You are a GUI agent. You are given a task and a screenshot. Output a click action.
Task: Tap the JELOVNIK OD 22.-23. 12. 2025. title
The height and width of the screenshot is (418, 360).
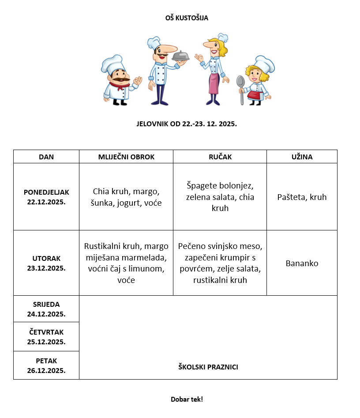coord(187,124)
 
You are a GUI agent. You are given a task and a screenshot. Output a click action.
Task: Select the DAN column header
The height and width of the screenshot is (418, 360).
coord(46,157)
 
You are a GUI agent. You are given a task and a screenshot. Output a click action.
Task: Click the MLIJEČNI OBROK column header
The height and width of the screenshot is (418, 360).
coord(126,157)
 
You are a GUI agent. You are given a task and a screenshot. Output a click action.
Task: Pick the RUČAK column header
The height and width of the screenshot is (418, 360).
coord(220,157)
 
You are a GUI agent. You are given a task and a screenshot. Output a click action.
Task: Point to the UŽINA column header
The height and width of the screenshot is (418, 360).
coord(302,157)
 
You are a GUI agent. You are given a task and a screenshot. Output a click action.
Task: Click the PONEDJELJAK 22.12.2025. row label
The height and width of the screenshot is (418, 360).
coord(46,197)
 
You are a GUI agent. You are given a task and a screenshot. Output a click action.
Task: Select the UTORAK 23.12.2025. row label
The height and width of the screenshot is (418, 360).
coord(46,263)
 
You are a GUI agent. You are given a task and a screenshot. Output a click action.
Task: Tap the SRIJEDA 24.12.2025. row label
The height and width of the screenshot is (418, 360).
coord(46,309)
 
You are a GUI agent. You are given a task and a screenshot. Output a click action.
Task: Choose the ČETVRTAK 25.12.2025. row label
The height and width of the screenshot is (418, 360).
coord(46,337)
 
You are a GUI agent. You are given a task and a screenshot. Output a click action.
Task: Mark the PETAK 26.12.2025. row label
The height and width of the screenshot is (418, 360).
coord(46,365)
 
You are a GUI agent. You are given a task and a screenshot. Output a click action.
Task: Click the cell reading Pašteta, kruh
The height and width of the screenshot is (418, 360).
coord(302,197)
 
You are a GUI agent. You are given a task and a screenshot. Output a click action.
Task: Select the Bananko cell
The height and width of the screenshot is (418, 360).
coord(302,264)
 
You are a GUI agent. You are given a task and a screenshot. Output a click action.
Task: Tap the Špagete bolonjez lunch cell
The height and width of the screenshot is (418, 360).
coord(220,197)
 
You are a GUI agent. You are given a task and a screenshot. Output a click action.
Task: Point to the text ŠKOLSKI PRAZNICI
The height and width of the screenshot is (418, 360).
coord(208,367)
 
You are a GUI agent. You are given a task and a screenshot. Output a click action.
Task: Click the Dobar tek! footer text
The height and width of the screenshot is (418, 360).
coord(187,399)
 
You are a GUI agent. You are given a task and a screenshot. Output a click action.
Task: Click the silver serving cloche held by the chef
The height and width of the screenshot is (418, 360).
coord(180,56)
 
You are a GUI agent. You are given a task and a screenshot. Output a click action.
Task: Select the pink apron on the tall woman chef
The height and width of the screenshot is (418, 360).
coord(214,83)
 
